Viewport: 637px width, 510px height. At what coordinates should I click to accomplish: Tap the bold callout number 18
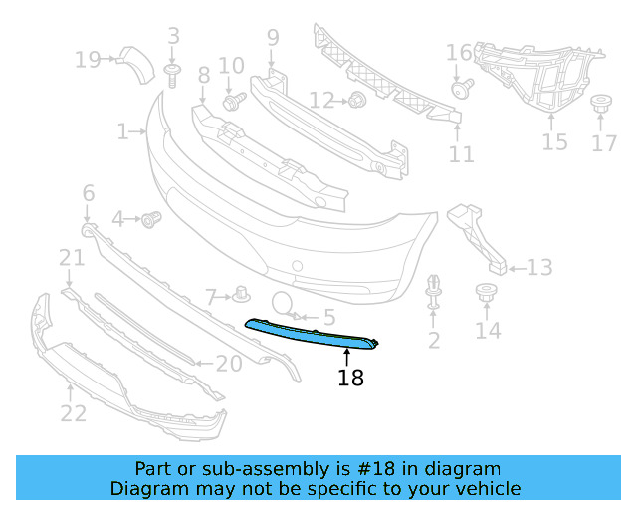click(350, 378)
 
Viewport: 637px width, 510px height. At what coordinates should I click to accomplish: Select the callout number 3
click(173, 36)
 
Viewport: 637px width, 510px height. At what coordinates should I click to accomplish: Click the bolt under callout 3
click(172, 76)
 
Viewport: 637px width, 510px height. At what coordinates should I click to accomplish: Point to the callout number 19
click(88, 60)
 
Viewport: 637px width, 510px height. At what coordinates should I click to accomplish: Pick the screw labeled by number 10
click(234, 101)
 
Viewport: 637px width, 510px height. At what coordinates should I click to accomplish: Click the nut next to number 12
click(357, 100)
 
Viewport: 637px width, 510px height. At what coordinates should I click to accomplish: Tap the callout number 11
click(461, 154)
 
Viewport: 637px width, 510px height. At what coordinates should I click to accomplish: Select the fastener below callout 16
click(462, 89)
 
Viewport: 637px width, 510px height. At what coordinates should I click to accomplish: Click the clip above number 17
click(601, 105)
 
